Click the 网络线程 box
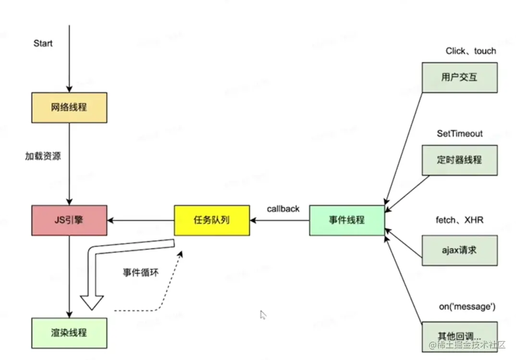point(69,108)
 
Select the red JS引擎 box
point(69,221)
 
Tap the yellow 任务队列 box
point(211,221)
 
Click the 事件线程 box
point(347,220)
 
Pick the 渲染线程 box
point(69,333)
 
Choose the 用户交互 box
point(459,77)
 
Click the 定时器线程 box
point(459,160)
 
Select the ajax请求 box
point(459,250)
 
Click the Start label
point(43,44)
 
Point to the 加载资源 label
point(43,156)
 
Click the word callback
point(283,209)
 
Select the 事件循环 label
point(140,273)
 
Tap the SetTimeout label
point(459,134)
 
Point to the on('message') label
point(460,306)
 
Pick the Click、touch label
point(470,51)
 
